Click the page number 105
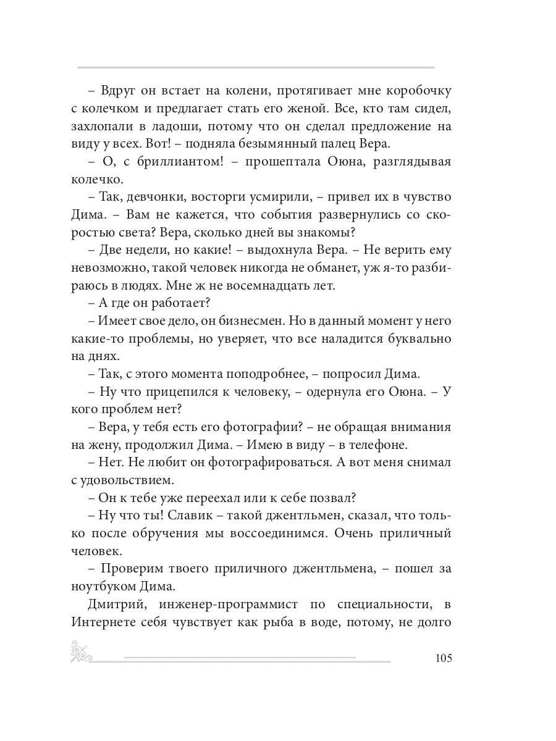pyautogui.click(x=443, y=658)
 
